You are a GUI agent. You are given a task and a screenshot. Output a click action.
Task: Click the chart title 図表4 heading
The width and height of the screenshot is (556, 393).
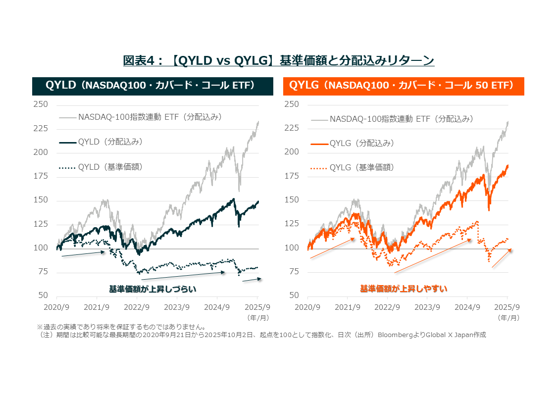(278, 60)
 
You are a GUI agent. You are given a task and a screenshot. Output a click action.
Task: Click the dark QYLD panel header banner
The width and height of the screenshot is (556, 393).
(152, 86)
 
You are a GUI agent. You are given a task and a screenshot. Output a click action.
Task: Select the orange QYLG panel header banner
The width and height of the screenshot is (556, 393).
(404, 86)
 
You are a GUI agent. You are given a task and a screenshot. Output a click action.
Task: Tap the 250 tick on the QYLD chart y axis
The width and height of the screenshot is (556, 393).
(41, 104)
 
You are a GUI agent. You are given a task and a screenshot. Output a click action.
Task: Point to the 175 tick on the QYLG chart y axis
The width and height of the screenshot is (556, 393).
(292, 176)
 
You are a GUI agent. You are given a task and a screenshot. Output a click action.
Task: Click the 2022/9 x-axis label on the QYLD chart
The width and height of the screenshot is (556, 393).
(137, 307)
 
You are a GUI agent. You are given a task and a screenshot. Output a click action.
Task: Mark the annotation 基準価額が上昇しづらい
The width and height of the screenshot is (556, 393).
(152, 289)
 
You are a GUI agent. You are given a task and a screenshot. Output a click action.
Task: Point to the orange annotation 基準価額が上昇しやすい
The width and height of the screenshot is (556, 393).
(404, 288)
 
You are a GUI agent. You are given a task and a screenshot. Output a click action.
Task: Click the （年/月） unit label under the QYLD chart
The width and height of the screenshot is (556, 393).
(256, 317)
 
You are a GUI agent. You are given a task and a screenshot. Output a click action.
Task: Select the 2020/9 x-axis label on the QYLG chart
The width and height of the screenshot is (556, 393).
(307, 307)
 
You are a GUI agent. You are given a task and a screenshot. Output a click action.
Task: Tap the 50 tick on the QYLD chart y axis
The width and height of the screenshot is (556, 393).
(43, 295)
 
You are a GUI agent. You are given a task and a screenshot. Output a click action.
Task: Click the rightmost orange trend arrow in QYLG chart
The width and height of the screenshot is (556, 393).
(501, 258)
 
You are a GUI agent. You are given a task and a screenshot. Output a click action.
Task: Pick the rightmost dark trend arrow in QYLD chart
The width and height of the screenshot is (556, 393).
(252, 280)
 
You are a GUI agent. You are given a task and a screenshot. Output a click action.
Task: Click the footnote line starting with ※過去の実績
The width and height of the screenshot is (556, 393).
(121, 327)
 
